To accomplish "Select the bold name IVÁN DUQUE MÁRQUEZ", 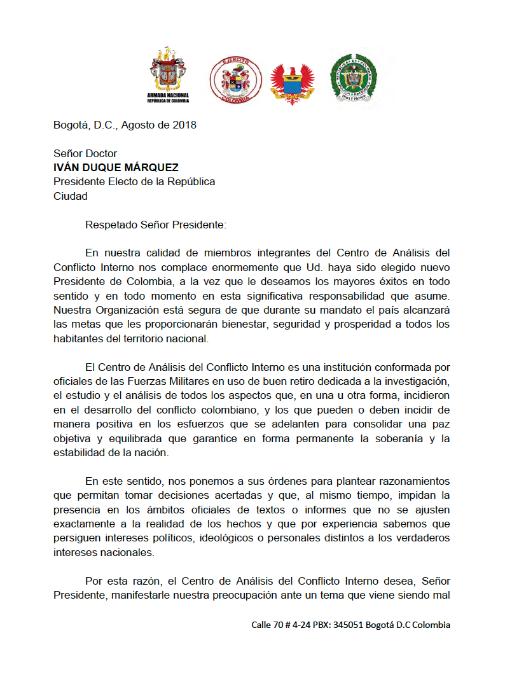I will [116, 167].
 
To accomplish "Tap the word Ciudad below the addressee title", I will [71, 196].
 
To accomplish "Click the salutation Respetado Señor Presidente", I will [155, 225].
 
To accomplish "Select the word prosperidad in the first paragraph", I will [378, 324].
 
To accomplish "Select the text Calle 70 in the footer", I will [267, 625].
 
